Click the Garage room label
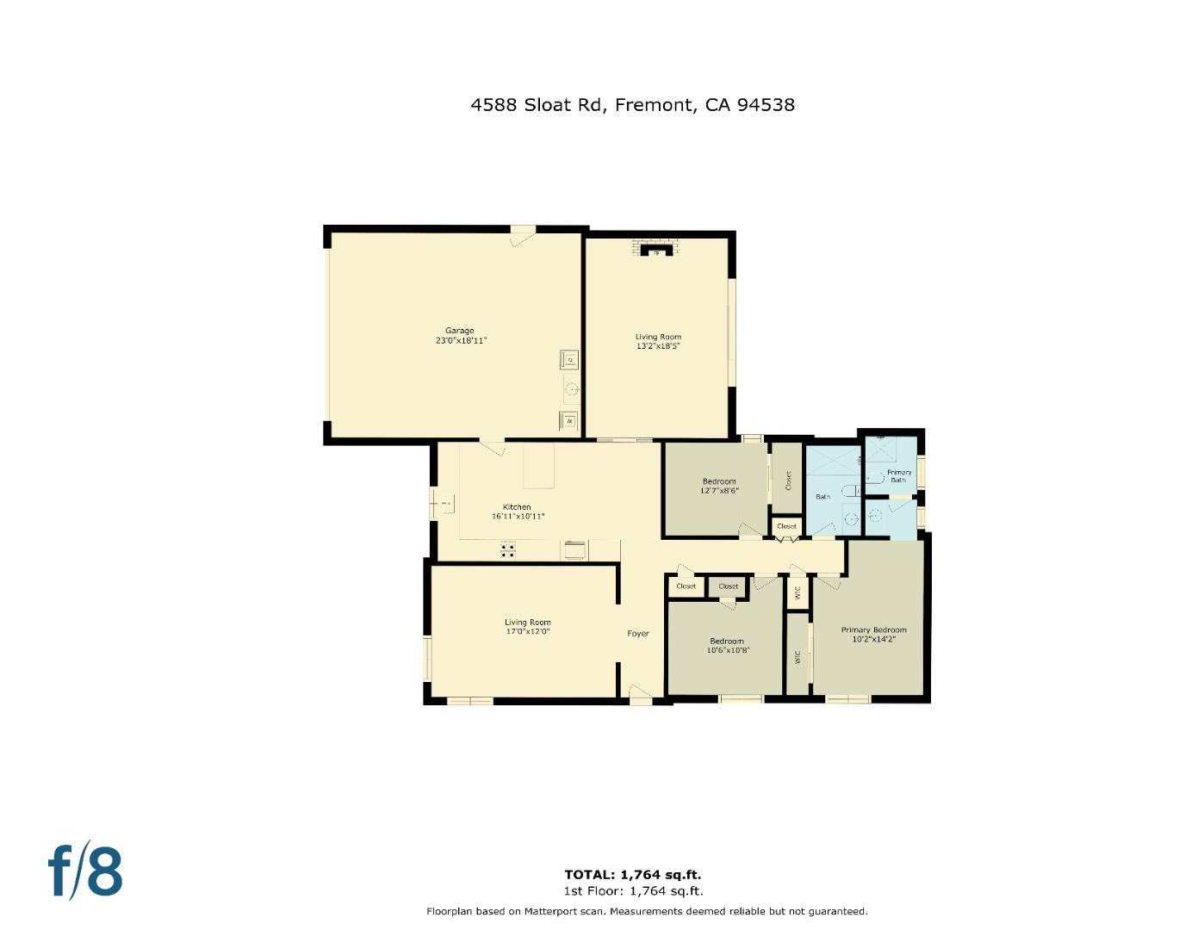click(x=460, y=331)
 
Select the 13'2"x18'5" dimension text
click(x=659, y=346)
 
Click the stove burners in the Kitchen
click(x=508, y=549)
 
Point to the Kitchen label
click(x=517, y=507)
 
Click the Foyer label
click(x=638, y=634)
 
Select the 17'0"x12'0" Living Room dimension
click(x=528, y=631)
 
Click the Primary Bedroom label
click(x=873, y=630)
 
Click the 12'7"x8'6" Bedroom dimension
click(x=719, y=491)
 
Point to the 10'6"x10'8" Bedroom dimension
click(x=728, y=650)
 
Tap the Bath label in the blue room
click(x=823, y=497)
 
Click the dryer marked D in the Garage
click(x=569, y=359)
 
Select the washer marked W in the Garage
click(x=569, y=421)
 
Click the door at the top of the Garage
click(x=522, y=234)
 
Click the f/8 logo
click(x=84, y=872)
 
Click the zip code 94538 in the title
click(x=766, y=105)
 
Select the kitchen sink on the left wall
click(x=445, y=503)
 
